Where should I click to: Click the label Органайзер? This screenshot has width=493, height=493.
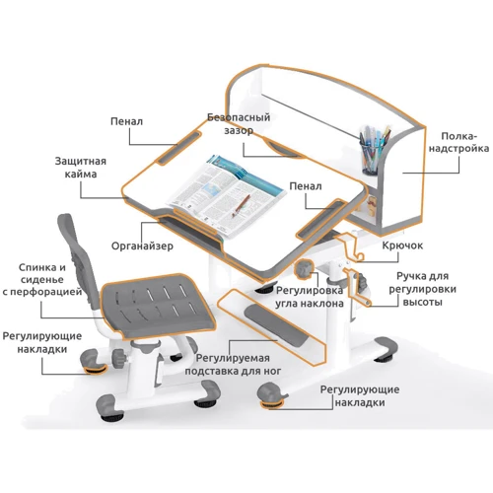pyautogui.click(x=142, y=246)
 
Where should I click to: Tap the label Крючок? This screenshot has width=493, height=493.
pyautogui.click(x=402, y=246)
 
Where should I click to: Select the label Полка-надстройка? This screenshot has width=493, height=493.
pyautogui.click(x=458, y=142)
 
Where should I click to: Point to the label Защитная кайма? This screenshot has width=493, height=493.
pyautogui.click(x=81, y=168)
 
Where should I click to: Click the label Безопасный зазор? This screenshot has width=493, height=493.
pyautogui.click(x=239, y=123)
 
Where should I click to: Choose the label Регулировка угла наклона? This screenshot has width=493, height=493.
pyautogui.click(x=310, y=297)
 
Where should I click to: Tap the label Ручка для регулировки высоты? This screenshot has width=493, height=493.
pyautogui.click(x=422, y=289)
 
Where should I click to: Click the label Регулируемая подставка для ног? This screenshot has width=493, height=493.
pyautogui.click(x=233, y=365)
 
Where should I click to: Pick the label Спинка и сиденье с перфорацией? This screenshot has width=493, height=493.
pyautogui.click(x=42, y=280)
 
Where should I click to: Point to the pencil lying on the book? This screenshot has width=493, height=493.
pyautogui.click(x=241, y=206)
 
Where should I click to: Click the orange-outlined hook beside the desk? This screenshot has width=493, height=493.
pyautogui.click(x=349, y=247)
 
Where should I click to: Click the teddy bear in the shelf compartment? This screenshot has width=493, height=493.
pyautogui.click(x=371, y=206)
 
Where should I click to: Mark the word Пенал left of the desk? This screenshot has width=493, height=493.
pyautogui.click(x=126, y=121)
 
